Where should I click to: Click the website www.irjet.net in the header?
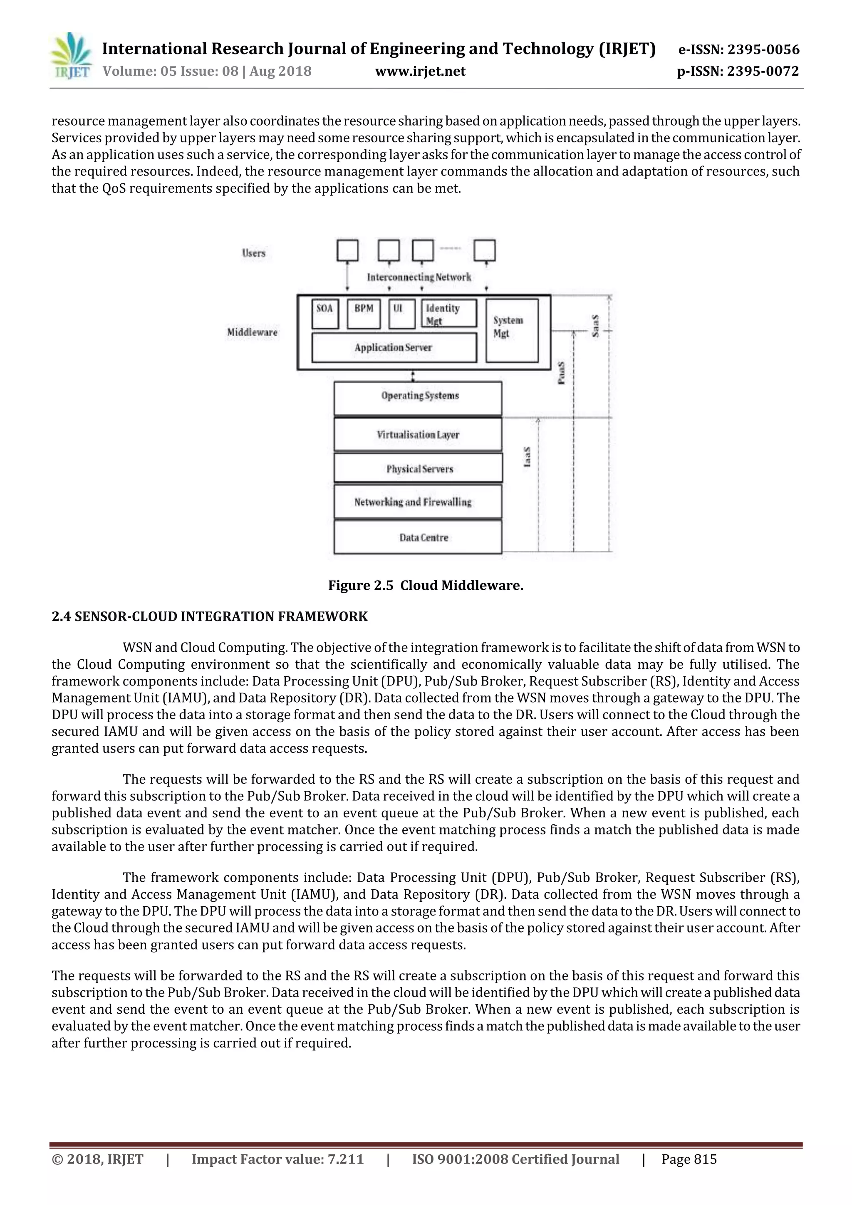coord(420,72)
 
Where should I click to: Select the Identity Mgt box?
coord(449,313)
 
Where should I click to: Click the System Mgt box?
coord(512,331)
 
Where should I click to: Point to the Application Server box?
coord(394,347)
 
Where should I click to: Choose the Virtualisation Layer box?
coord(418,435)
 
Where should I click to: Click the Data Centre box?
coord(418,537)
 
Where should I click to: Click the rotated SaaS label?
coord(595,326)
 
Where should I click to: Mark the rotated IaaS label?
coord(527,457)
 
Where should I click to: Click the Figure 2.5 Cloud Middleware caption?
coord(425,585)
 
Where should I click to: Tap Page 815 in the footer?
coord(689,1159)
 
